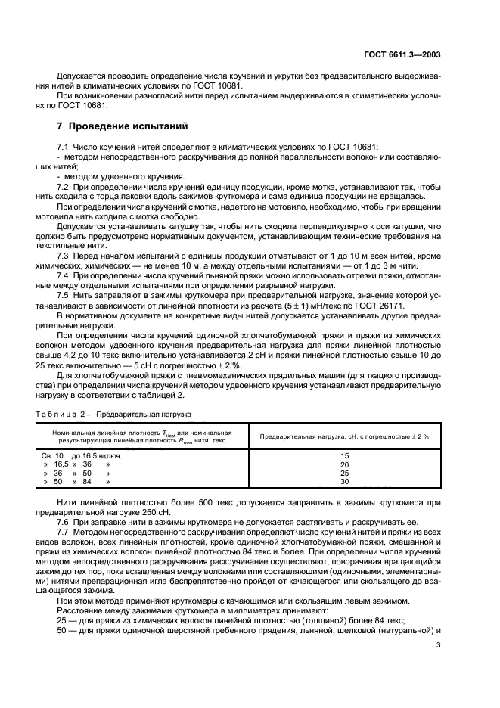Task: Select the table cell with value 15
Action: click(x=344, y=456)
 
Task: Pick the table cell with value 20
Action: click(x=344, y=464)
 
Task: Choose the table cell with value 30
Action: click(x=344, y=481)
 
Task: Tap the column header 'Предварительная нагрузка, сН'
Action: click(x=343, y=437)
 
